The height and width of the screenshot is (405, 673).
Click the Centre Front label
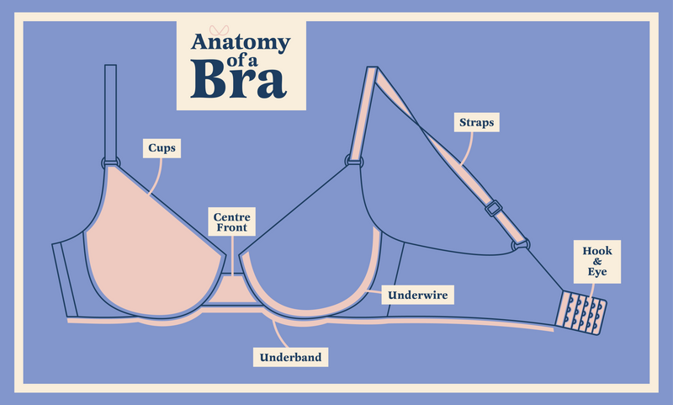pos(231,221)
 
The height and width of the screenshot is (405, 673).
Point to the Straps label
pos(476,122)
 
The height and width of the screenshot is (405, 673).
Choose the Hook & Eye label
pos(596,261)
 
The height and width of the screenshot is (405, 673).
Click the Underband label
pos(290,357)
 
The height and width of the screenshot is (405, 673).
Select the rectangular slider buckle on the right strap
pos(492,206)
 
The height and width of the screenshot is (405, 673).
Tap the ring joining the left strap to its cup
pos(110,163)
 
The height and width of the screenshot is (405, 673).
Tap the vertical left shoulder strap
pos(109,109)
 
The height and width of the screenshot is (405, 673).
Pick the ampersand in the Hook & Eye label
pos(596,261)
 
